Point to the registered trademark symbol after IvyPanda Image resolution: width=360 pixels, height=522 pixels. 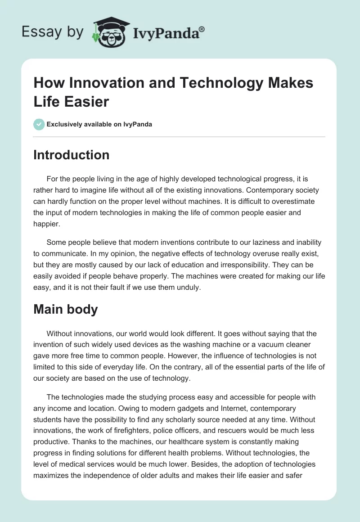coord(202,29)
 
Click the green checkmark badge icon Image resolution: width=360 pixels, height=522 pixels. coord(39,124)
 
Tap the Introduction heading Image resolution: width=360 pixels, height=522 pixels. coord(71,155)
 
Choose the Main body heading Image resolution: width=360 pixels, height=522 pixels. coord(66,310)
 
